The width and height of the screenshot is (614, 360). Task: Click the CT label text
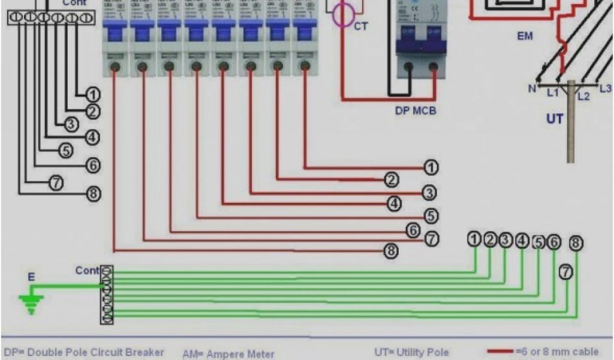coord(361,26)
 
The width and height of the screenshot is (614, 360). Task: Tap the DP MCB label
coord(416,111)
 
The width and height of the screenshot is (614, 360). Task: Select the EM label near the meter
coord(525,37)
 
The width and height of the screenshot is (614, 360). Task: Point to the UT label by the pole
coord(555,119)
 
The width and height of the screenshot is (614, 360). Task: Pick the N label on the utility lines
coord(531,89)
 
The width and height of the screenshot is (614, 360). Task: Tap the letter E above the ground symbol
coord(31,277)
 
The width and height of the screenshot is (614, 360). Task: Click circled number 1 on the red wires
coord(431,168)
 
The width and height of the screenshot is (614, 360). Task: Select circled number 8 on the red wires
coord(391,251)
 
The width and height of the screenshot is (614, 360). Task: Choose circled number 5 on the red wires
coord(431,215)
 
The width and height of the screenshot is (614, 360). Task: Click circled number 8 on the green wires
coord(576,243)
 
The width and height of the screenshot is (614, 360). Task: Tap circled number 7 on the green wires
coord(565,272)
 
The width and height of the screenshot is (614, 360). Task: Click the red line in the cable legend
coord(500,351)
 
